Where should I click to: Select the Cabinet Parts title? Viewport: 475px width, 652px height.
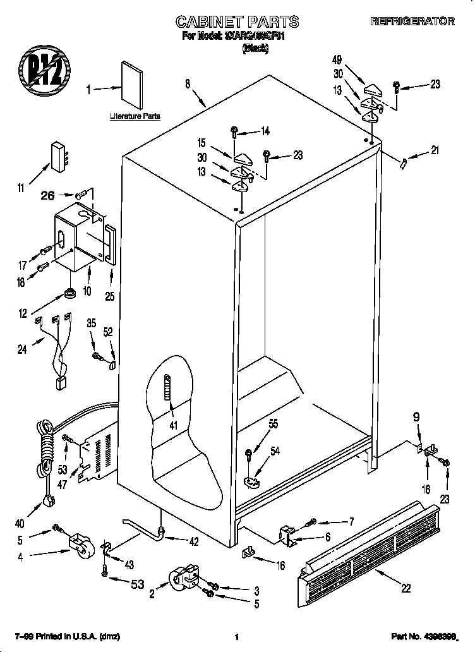(236, 22)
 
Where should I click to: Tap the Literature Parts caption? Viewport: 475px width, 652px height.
(135, 116)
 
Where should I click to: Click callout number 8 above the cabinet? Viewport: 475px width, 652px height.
(188, 83)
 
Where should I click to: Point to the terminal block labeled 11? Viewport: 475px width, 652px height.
(58, 155)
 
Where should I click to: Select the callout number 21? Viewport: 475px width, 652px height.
(434, 150)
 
